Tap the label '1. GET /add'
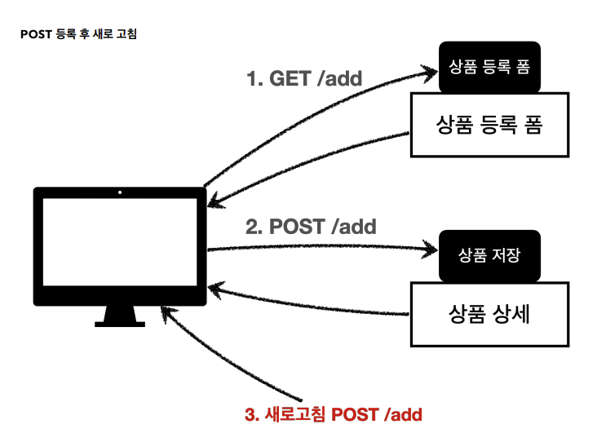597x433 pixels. click(x=304, y=79)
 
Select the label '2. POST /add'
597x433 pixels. click(x=311, y=226)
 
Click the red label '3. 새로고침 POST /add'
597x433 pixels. click(x=333, y=413)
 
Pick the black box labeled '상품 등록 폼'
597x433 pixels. click(x=489, y=67)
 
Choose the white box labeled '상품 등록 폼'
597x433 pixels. click(x=489, y=126)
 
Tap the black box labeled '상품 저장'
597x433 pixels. click(x=489, y=254)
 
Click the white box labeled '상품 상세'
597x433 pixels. click(x=489, y=313)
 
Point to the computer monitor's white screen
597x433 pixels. click(x=120, y=243)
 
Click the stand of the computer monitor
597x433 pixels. click(x=120, y=313)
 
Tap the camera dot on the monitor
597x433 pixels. click(x=120, y=193)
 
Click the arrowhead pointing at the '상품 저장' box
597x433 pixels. click(x=431, y=247)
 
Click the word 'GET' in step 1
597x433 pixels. click(x=290, y=79)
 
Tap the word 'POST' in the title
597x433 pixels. click(x=36, y=36)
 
